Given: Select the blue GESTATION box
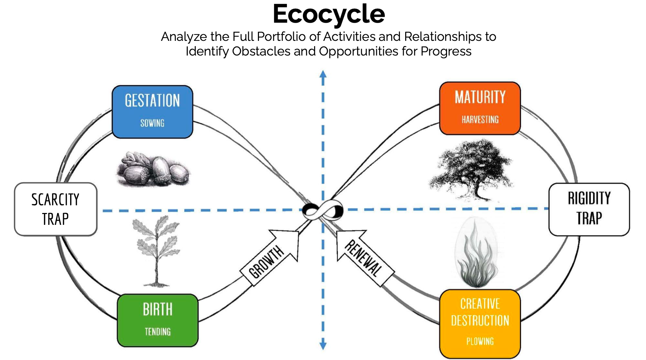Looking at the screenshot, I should click(x=153, y=111).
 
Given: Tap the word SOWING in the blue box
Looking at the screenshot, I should click(x=152, y=123).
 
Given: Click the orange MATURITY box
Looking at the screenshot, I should click(x=480, y=108).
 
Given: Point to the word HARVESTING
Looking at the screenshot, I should click(x=480, y=120).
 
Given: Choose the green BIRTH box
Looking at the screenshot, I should click(x=158, y=320).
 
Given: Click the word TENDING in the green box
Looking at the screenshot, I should click(x=158, y=332).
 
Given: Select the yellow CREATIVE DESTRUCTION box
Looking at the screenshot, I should click(x=480, y=323).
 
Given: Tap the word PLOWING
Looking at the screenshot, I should click(x=480, y=341).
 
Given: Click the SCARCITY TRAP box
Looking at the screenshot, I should click(x=55, y=209).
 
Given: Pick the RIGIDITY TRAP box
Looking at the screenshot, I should click(x=589, y=209).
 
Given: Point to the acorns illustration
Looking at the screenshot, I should click(x=153, y=169).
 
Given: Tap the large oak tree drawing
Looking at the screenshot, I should click(x=471, y=169).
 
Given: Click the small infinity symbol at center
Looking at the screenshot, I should click(x=322, y=211).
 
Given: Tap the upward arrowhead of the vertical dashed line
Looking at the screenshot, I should click(x=323, y=74).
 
